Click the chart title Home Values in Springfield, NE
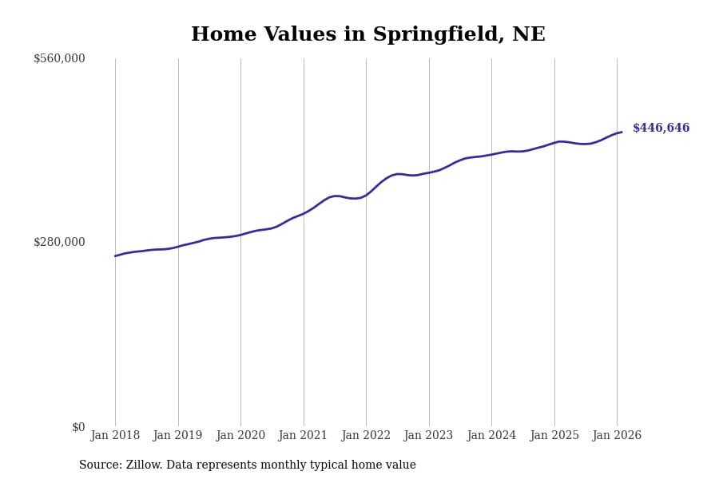click(367, 35)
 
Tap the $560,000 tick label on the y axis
click(59, 58)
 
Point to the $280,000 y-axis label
click(59, 242)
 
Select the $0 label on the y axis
click(78, 427)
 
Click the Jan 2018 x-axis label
click(115, 435)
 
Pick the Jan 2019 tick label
click(178, 435)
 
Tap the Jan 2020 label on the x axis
click(240, 435)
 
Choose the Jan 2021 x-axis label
click(304, 435)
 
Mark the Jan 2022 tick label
click(366, 435)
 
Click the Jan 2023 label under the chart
click(429, 435)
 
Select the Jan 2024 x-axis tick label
click(491, 435)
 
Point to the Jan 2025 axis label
click(554, 435)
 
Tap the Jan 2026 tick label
click(617, 435)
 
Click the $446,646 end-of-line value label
click(661, 129)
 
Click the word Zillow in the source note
click(144, 465)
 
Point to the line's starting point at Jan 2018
click(115, 256)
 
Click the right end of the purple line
click(622, 133)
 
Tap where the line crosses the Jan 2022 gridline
click(366, 194)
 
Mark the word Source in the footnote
click(99, 465)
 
